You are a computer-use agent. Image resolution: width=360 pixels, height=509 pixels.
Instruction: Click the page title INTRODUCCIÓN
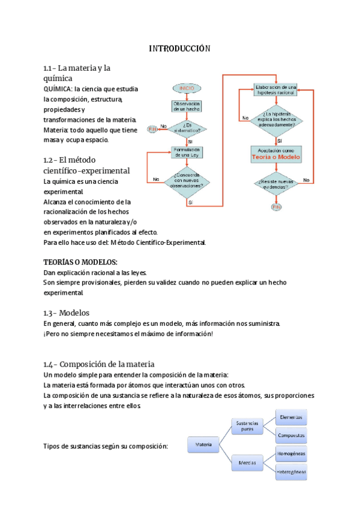179,49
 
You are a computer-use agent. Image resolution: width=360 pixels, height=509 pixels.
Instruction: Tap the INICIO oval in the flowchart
187,88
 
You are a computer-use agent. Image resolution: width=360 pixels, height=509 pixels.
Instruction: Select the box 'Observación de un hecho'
187,106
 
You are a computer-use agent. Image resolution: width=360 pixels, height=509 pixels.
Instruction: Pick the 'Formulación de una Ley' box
187,151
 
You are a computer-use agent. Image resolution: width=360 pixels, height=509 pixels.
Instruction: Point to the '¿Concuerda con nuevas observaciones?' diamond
188,178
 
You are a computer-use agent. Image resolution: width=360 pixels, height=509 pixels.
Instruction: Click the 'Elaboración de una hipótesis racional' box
276,89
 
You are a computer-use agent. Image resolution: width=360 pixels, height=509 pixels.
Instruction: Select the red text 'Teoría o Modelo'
276,157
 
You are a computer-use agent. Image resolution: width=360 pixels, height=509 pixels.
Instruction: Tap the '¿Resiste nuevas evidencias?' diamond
276,184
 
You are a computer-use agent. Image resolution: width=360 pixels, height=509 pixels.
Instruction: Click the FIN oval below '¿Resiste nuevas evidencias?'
276,207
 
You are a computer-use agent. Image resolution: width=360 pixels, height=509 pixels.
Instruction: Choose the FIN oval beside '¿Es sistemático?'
152,129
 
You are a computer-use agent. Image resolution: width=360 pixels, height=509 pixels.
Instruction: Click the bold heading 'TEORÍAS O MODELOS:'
80,262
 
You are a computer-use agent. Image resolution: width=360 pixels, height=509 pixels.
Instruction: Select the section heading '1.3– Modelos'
66,313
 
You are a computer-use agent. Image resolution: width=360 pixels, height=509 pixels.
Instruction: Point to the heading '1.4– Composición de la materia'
99,364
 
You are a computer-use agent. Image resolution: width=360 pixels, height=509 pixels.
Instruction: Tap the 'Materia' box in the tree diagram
203,445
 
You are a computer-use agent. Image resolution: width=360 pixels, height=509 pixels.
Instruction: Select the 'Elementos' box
291,416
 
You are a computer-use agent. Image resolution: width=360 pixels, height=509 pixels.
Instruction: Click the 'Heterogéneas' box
291,472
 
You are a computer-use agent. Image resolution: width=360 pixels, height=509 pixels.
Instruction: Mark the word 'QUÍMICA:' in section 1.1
58,89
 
